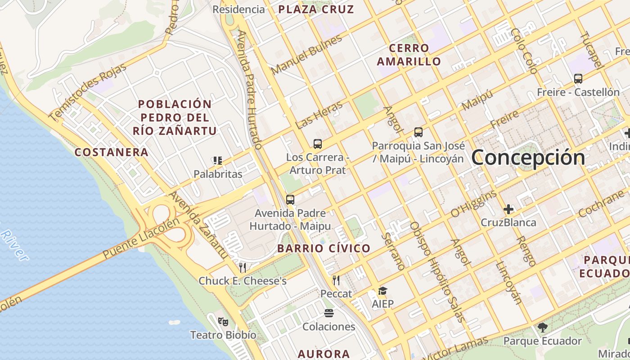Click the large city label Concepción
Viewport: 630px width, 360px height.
528,157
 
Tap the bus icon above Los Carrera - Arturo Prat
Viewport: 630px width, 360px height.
318,144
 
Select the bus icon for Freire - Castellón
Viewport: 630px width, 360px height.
578,79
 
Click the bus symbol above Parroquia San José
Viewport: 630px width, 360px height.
418,132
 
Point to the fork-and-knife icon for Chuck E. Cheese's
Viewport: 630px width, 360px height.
243,268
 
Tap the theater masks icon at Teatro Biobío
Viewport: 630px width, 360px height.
223,322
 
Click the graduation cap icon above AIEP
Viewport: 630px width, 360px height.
382,291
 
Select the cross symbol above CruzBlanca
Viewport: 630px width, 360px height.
508,209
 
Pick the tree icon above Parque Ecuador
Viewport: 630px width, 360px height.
542,328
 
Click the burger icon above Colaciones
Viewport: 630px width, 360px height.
329,313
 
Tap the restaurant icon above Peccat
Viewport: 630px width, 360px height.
336,280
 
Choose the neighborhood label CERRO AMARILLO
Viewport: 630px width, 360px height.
409,54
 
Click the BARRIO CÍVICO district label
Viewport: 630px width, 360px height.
324,248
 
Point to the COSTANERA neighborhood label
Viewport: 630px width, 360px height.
111,152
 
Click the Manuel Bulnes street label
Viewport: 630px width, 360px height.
306,54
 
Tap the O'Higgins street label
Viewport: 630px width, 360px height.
473,204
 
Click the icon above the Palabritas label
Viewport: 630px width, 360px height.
218,161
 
